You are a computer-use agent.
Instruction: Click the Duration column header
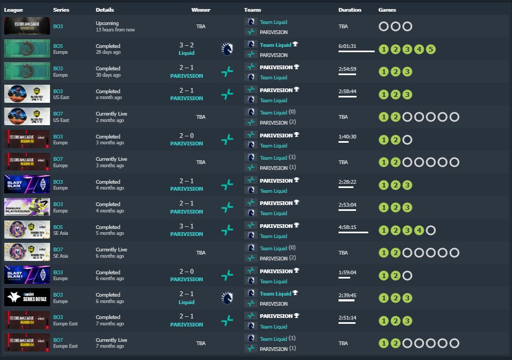click(350, 10)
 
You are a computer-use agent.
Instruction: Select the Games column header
click(387, 10)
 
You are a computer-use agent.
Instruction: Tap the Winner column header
click(201, 10)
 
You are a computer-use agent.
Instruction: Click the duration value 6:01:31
click(347, 46)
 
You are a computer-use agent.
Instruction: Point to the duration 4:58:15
click(347, 227)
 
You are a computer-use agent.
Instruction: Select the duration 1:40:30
click(347, 136)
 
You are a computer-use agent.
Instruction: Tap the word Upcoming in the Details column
click(107, 23)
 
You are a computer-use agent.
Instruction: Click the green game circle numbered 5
click(431, 50)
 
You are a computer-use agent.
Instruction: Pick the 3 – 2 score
click(186, 46)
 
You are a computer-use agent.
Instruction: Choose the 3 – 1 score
click(186, 227)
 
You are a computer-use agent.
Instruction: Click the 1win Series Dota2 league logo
click(27, 297)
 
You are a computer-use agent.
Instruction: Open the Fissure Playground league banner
click(27, 207)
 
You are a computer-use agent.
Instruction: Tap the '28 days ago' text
click(109, 52)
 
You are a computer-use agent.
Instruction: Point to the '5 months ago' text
click(110, 233)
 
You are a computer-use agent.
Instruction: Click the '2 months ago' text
click(110, 120)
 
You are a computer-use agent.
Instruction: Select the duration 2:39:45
click(347, 294)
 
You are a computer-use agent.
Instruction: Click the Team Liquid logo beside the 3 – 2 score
click(227, 49)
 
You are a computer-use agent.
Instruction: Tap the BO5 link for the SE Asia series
click(58, 227)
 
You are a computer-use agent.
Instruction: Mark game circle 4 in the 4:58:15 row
click(419, 231)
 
